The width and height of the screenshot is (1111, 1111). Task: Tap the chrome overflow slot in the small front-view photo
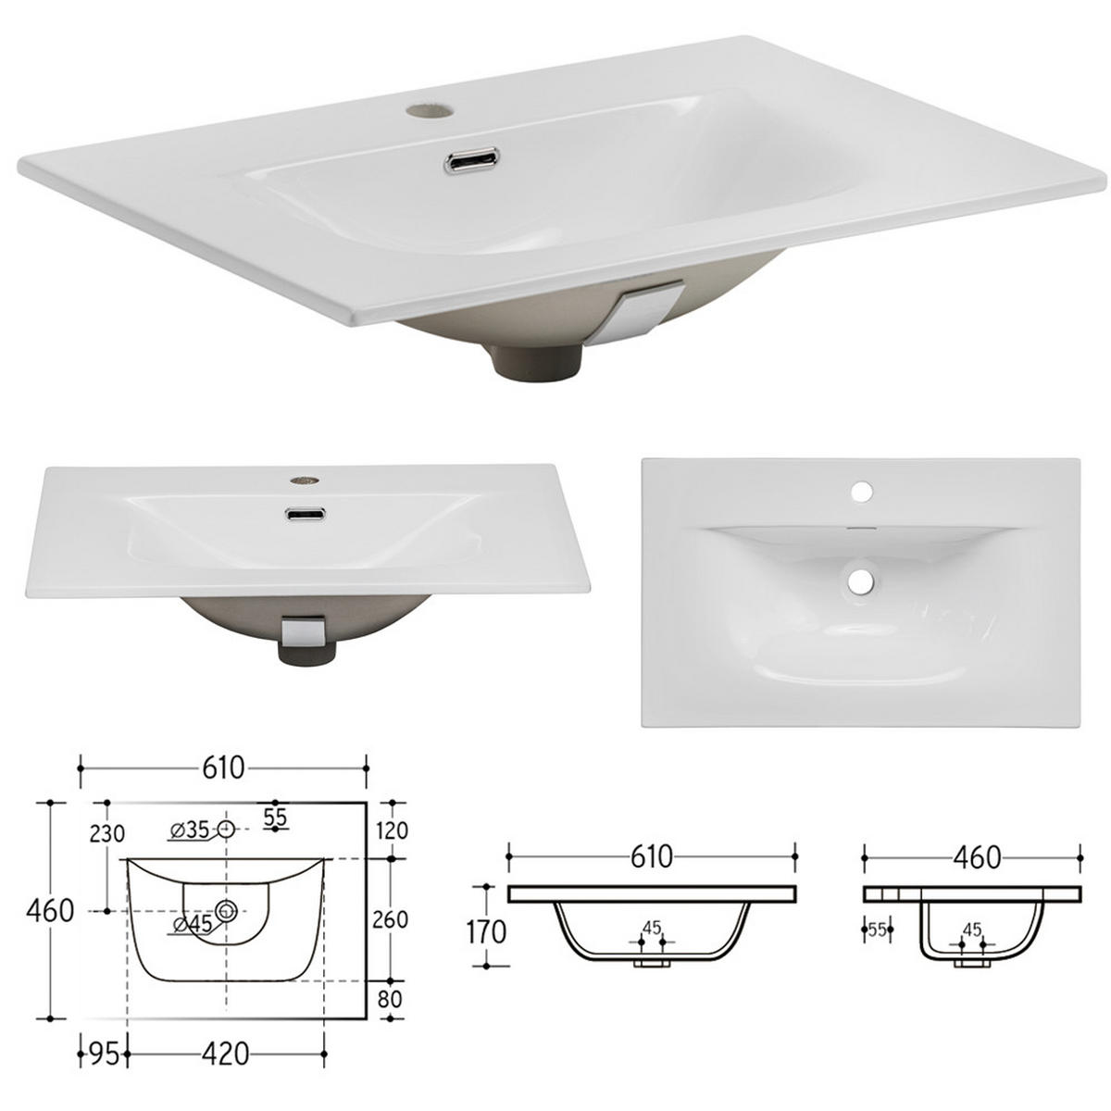pyautogui.click(x=305, y=515)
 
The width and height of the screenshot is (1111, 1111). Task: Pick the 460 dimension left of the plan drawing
pyautogui.click(x=51, y=910)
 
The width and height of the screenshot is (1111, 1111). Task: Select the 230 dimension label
pyautogui.click(x=107, y=832)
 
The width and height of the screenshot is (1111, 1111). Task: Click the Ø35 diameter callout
pyautogui.click(x=191, y=830)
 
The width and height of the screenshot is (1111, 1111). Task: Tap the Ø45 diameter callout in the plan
pyautogui.click(x=192, y=923)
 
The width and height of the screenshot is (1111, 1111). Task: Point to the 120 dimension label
pyautogui.click(x=393, y=830)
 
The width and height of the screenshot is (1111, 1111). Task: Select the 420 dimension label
pyautogui.click(x=225, y=1055)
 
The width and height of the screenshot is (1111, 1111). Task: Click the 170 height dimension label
pyautogui.click(x=485, y=930)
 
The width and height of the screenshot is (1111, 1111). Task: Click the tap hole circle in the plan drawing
pyautogui.click(x=226, y=830)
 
